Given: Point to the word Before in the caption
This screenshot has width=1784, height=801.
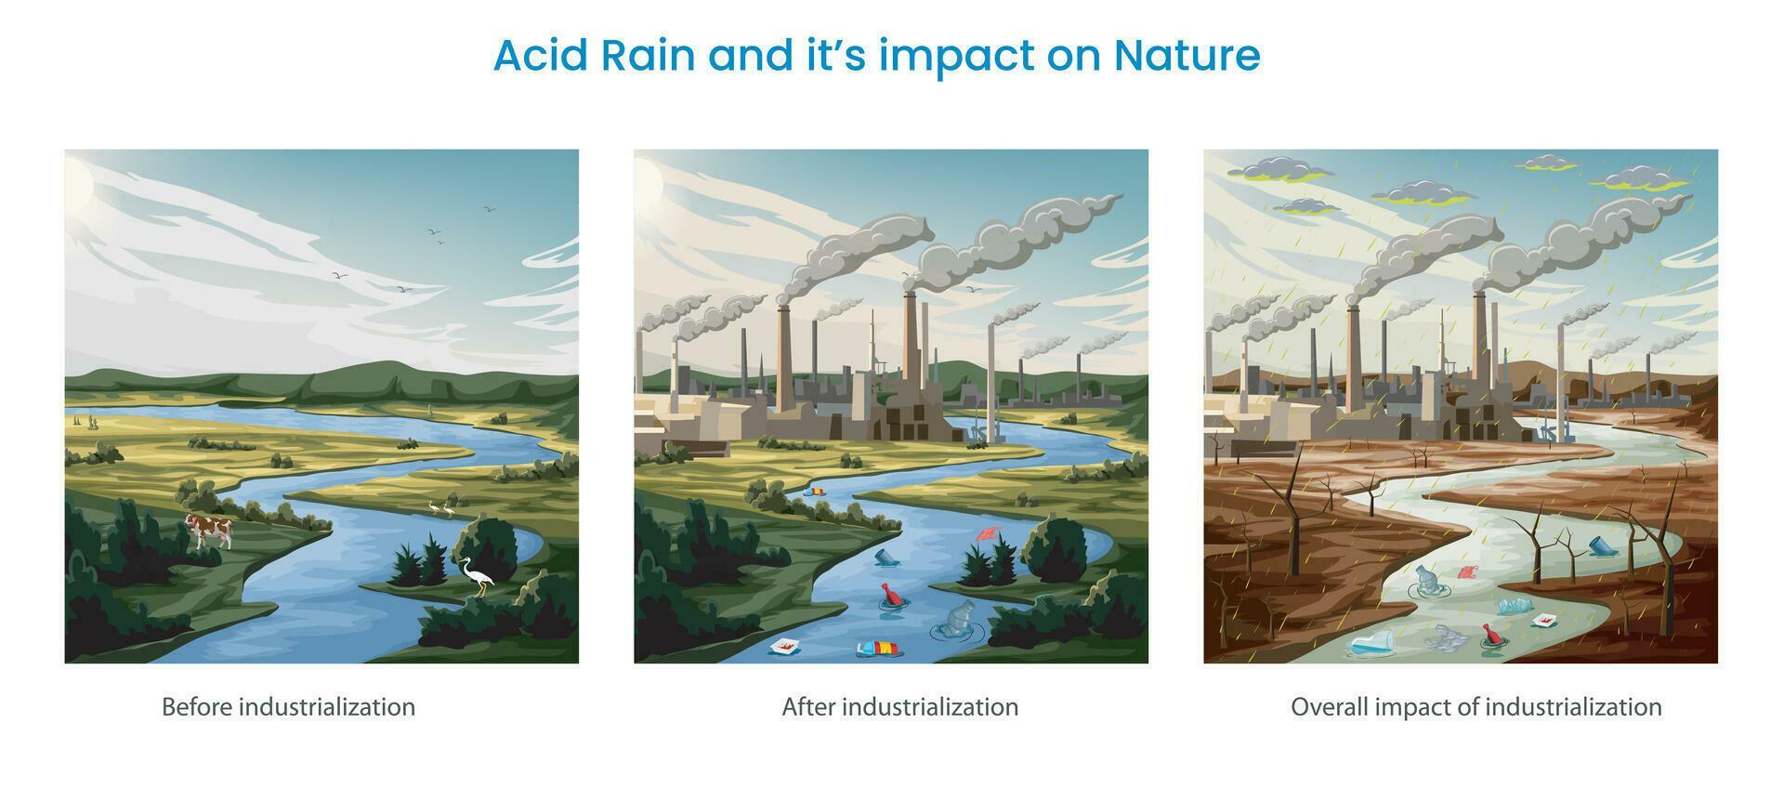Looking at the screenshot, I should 197,707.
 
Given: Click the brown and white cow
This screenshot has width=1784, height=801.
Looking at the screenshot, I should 207,531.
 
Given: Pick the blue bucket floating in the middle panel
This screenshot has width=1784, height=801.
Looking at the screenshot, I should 885,557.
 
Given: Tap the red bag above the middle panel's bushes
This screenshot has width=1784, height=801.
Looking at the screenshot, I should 988,533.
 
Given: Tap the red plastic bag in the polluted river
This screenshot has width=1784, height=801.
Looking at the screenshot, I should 1466,571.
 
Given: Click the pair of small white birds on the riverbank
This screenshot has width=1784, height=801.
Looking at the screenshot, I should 440,508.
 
